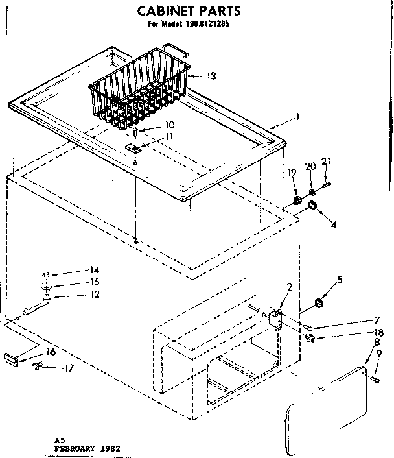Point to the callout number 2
point(290,287)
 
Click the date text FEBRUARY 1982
point(87,448)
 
